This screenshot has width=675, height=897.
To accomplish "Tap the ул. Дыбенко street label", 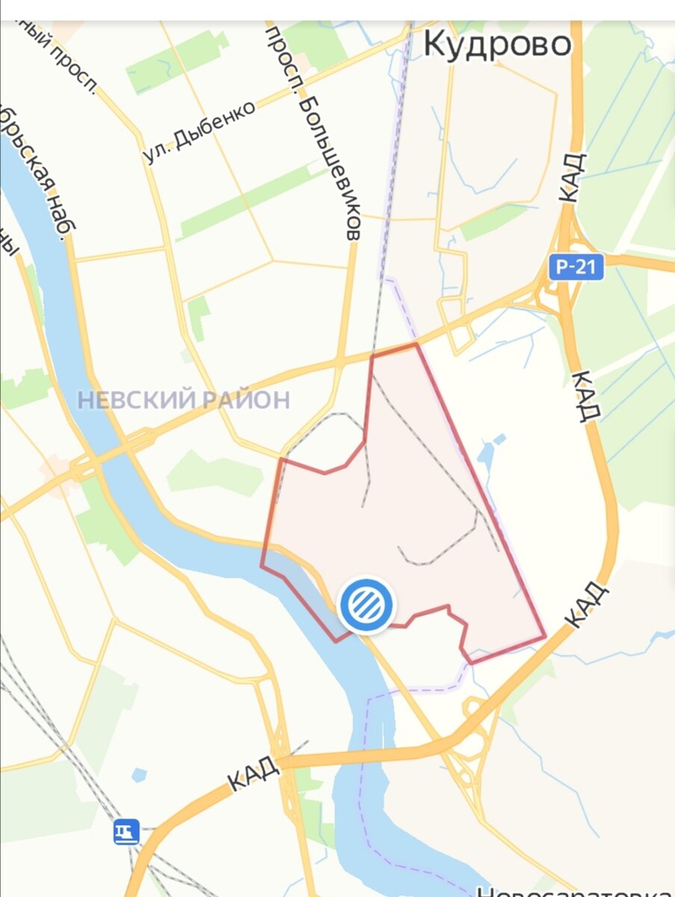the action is (199, 132).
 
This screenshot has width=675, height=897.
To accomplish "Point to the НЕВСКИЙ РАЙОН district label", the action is (184, 400).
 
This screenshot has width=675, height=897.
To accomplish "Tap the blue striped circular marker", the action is (367, 605).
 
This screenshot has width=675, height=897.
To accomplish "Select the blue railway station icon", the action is (126, 831).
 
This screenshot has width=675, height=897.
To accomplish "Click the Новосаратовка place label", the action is (575, 890).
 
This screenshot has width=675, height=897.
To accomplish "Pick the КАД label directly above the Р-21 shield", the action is (571, 178).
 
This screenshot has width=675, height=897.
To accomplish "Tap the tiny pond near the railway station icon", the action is (139, 775).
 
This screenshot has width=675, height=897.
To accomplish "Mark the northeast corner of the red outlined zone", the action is (416, 345).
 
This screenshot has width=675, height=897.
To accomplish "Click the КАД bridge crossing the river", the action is (358, 755).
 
